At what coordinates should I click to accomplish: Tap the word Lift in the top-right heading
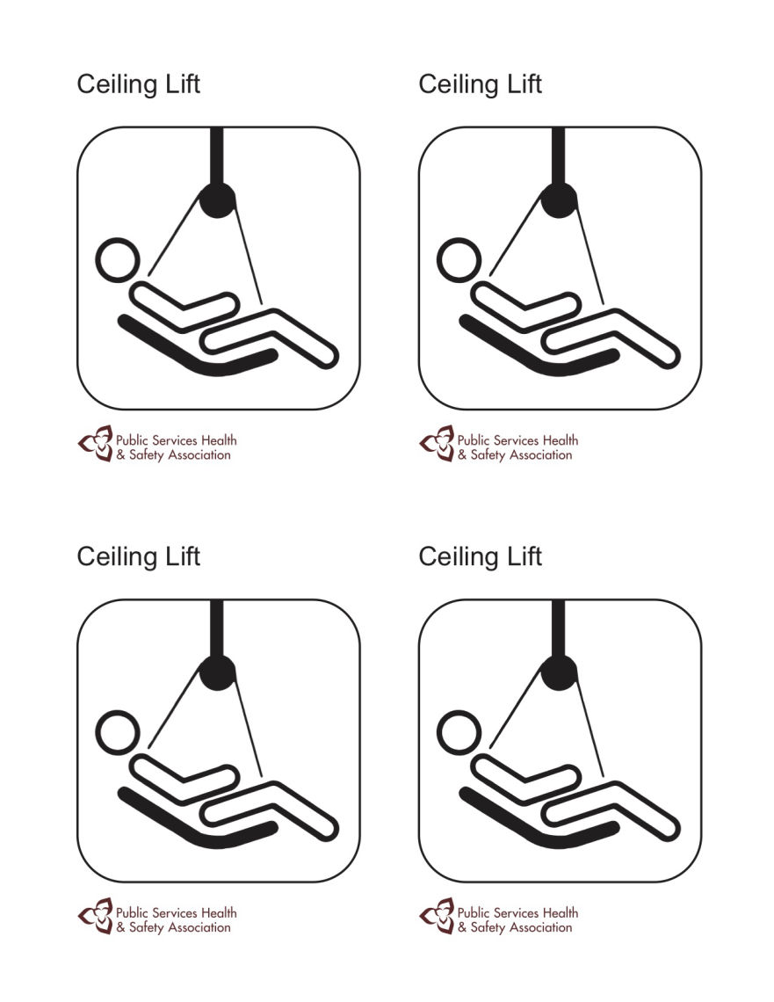pyautogui.click(x=524, y=84)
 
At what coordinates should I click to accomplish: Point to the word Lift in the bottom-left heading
pyautogui.click(x=182, y=556)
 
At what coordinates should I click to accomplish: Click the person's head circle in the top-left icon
pyautogui.click(x=117, y=261)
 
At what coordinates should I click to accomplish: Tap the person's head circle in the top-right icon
pyautogui.click(x=459, y=261)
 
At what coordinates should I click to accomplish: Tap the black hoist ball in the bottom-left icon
pyautogui.click(x=218, y=672)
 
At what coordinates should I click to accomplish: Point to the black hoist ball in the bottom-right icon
pyautogui.click(x=560, y=672)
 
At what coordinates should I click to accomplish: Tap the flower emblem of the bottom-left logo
pyautogui.click(x=96, y=915)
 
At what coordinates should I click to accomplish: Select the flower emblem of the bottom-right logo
pyautogui.click(x=438, y=915)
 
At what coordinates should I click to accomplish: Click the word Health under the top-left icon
pyautogui.click(x=218, y=440)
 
